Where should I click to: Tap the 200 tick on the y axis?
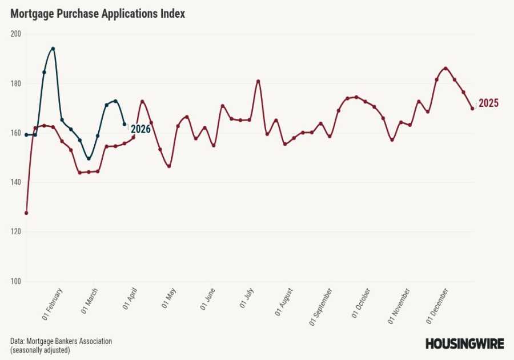click(x=15, y=34)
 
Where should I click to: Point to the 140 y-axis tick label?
click(x=15, y=182)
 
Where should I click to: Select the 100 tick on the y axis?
click(x=15, y=282)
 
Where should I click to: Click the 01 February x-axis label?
click(x=53, y=302)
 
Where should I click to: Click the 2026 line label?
click(x=140, y=129)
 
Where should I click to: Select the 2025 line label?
click(x=489, y=103)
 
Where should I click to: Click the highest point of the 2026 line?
click(x=53, y=49)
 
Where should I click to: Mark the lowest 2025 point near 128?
click(x=26, y=213)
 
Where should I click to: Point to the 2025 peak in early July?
click(x=258, y=81)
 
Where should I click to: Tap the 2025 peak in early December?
click(x=445, y=69)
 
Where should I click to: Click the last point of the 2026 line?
click(x=125, y=124)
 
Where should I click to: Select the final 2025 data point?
click(x=472, y=108)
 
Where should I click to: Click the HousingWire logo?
click(x=464, y=344)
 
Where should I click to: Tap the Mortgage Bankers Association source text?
click(x=61, y=341)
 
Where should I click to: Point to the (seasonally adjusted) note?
click(x=40, y=350)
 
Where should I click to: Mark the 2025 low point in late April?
click(x=169, y=166)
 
